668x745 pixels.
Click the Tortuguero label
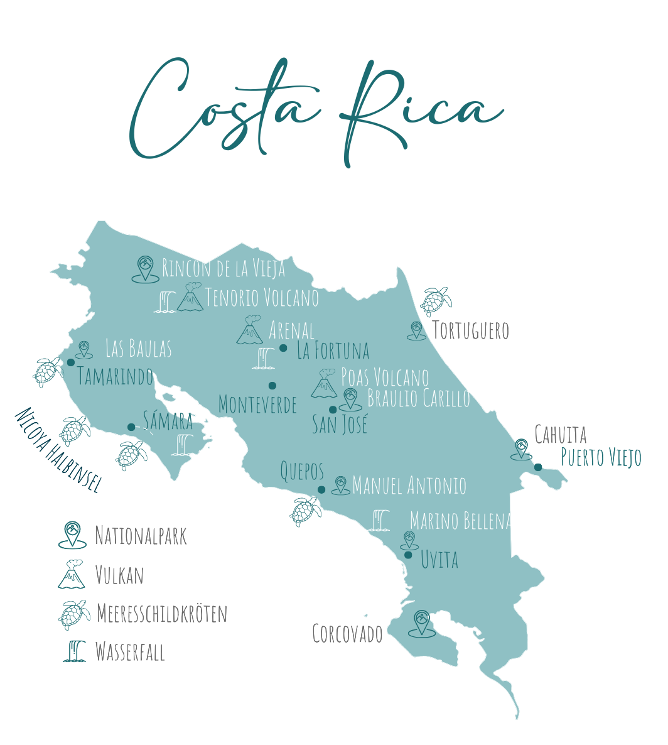470,330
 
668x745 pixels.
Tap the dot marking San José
333,410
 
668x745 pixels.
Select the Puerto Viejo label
601,457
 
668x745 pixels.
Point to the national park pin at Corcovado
421,623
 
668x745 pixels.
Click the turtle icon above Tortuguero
436,301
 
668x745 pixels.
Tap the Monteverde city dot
272,386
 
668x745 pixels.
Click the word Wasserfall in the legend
130,652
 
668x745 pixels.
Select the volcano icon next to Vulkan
72,574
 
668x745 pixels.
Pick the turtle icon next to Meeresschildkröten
73,614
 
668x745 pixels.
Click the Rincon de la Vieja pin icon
145,269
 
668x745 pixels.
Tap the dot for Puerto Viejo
538,467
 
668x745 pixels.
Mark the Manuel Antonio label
409,486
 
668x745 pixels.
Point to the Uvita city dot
408,555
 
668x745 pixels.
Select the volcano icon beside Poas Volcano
325,384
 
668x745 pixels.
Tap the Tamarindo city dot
71,362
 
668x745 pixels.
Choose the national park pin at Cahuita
521,449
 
